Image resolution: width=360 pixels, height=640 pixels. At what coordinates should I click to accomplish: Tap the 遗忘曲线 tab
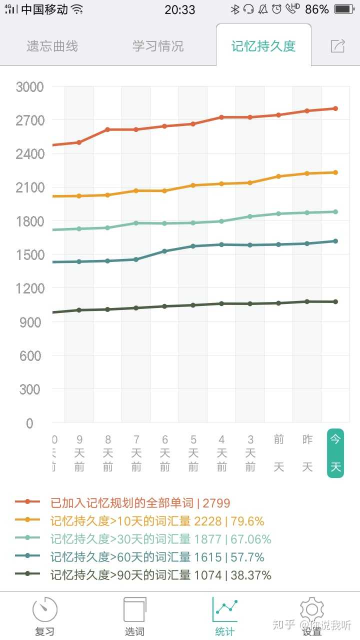point(52,46)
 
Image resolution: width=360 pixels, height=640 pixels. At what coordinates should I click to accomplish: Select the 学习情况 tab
point(158,46)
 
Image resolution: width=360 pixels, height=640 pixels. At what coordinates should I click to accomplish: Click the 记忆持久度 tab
point(263,46)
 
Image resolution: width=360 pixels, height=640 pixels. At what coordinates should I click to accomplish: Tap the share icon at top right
point(338,46)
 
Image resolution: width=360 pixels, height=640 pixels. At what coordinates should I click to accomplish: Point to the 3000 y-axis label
point(30,87)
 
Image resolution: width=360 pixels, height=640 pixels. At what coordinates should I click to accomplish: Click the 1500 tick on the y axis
point(30,255)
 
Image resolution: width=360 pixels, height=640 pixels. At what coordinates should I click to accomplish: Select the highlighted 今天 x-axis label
point(335,453)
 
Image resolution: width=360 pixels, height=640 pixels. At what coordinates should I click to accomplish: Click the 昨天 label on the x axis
point(307,453)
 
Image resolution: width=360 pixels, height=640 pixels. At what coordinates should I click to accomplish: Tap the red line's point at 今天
point(335,108)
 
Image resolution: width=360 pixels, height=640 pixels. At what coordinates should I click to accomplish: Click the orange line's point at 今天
point(335,172)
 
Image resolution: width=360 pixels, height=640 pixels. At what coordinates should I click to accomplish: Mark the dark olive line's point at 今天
point(335,302)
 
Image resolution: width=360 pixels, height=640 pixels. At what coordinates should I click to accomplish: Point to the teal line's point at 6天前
point(164,251)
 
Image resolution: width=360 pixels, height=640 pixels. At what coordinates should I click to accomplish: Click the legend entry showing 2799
point(140,503)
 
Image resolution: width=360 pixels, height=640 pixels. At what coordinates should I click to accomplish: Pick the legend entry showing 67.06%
point(160,539)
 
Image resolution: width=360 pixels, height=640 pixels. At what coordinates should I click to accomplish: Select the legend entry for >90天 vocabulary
point(160,575)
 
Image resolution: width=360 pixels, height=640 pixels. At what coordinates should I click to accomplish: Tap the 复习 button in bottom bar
point(45,616)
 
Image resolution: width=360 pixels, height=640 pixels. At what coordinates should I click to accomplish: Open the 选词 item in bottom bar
point(134,616)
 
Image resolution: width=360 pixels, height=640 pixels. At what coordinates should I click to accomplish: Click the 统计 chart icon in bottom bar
point(225,609)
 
